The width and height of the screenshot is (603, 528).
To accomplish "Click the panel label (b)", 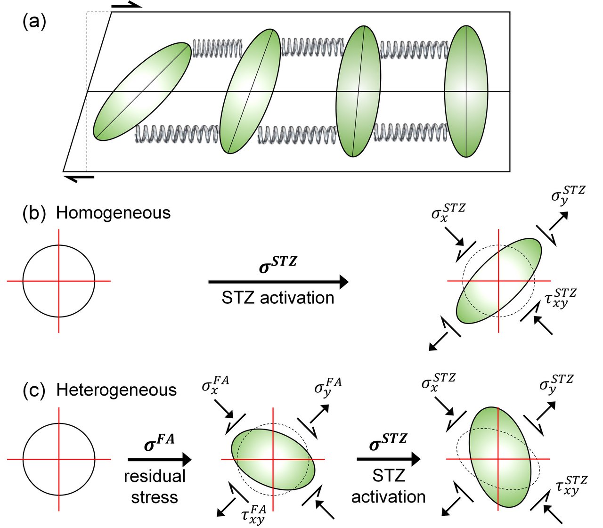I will (34, 212).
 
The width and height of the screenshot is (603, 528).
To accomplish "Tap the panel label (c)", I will (34, 390).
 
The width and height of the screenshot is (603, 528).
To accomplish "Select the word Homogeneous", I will (113, 213).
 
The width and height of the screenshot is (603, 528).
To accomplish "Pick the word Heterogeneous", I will (116, 390).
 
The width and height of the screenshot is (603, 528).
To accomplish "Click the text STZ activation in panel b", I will (278, 298).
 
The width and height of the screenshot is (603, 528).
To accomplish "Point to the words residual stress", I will (155, 487).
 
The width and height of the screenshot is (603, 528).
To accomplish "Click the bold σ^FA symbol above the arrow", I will (159, 443).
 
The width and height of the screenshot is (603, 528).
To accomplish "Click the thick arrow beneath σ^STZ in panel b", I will (278, 282).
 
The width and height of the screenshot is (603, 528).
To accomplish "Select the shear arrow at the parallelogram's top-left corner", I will (126, 6).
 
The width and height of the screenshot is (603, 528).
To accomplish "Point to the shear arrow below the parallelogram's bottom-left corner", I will (79, 178).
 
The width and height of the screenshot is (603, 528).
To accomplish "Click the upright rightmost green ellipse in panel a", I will (466, 91).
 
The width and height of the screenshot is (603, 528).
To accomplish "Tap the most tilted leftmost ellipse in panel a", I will (142, 91).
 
